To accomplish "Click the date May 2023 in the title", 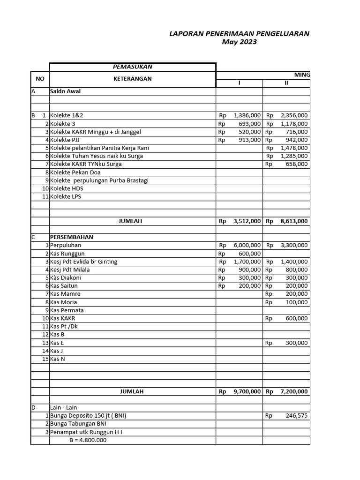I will pos(239,42).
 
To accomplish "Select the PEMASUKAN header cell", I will pos(132,67).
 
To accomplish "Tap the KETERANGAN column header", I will pos(132,79).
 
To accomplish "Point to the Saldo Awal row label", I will pos(65,91).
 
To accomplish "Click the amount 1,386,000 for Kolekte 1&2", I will pos(247,115).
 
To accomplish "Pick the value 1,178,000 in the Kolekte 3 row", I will pos(294,124).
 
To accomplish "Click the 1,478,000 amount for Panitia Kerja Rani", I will pos(294,148).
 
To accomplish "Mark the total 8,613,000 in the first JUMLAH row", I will pos(294,221).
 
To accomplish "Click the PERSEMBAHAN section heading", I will pos(73,237).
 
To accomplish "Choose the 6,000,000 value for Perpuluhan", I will pos(247,245).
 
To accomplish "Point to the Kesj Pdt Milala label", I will pos(70,270).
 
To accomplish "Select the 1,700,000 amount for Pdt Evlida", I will pos(247,262).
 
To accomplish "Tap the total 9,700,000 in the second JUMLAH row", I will pos(247,391).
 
